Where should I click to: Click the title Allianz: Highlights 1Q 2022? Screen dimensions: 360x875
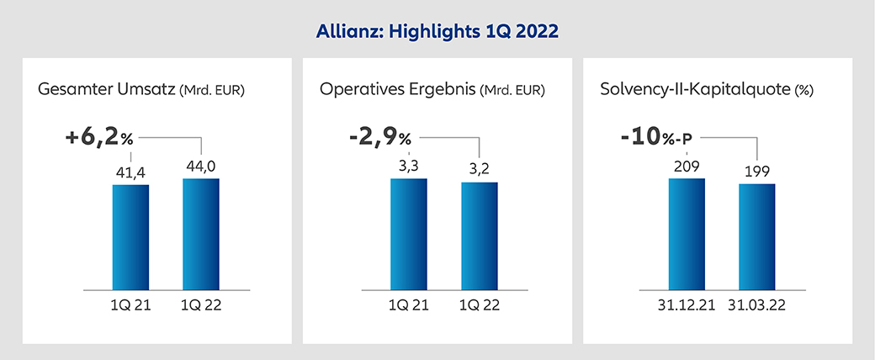(x=437, y=32)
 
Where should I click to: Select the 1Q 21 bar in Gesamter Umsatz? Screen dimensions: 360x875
(x=130, y=236)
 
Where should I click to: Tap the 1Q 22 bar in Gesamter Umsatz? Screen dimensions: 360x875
(x=201, y=234)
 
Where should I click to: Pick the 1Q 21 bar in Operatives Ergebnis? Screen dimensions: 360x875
(x=408, y=234)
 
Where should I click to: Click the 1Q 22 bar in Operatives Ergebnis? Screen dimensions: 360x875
(x=479, y=236)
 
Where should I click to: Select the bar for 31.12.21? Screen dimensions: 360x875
(x=687, y=234)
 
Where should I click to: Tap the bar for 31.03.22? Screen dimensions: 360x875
(x=757, y=236)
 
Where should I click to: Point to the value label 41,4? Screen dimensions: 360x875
(x=131, y=172)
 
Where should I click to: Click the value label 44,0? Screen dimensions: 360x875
(x=201, y=166)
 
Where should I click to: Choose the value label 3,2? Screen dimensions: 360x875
(x=480, y=169)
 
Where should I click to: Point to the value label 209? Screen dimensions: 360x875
(x=687, y=166)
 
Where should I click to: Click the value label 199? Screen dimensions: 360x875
(x=757, y=172)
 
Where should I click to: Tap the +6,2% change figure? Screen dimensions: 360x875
(x=100, y=137)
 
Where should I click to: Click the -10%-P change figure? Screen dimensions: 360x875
(x=660, y=137)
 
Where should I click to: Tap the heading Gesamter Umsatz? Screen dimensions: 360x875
(x=106, y=88)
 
